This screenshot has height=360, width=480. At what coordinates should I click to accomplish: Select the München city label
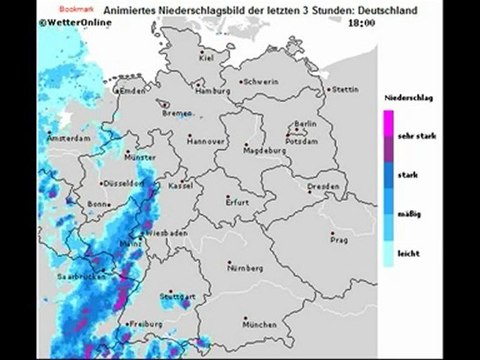[x=258, y=324]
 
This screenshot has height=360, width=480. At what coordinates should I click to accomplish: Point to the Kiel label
[x=207, y=57]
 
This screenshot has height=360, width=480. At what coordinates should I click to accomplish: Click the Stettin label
[x=345, y=89]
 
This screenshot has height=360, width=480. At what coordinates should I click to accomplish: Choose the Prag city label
[x=339, y=240]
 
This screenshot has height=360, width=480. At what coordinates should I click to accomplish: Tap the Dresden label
[x=324, y=187]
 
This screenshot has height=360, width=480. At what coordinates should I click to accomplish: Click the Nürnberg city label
[x=247, y=269]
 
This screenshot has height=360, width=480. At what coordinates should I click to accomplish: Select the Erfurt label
[x=237, y=202]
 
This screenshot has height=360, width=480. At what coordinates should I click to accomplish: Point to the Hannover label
[x=206, y=141]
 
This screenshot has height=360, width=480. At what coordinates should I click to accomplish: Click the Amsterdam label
[x=70, y=135]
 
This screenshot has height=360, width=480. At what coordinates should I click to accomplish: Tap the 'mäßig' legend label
[x=408, y=214]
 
